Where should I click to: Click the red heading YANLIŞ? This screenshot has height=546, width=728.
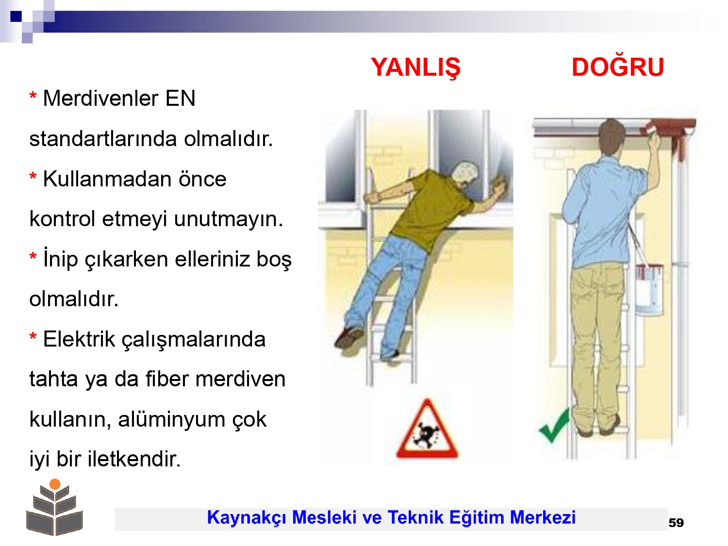(x=415, y=67)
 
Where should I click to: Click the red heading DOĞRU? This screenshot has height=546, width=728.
(x=617, y=67)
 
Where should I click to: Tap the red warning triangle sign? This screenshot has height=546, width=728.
(x=427, y=430)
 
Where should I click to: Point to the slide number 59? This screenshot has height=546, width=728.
(x=676, y=523)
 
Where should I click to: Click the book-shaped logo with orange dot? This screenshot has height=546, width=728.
(x=54, y=507)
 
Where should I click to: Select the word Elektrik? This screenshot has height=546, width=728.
(x=79, y=339)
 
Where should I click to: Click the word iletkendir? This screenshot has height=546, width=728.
(x=134, y=459)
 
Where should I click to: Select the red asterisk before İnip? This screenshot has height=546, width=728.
(x=33, y=256)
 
